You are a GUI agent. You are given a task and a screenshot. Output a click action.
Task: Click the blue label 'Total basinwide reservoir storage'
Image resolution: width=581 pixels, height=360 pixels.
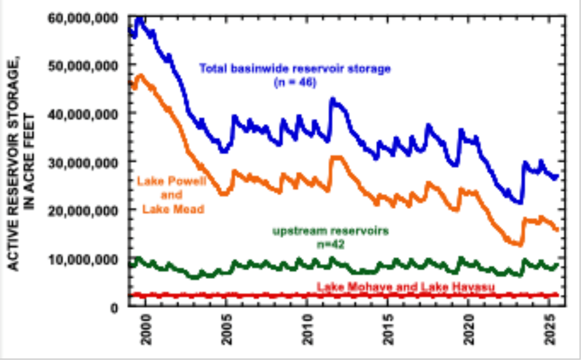(x=294, y=69)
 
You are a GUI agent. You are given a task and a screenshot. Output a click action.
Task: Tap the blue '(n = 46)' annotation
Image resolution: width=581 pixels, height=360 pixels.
(x=294, y=82)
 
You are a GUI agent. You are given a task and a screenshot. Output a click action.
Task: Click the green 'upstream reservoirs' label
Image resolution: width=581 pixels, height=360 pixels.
(x=331, y=231)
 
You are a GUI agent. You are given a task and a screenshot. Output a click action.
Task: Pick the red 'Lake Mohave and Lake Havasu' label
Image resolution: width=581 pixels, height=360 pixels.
(x=405, y=287)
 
